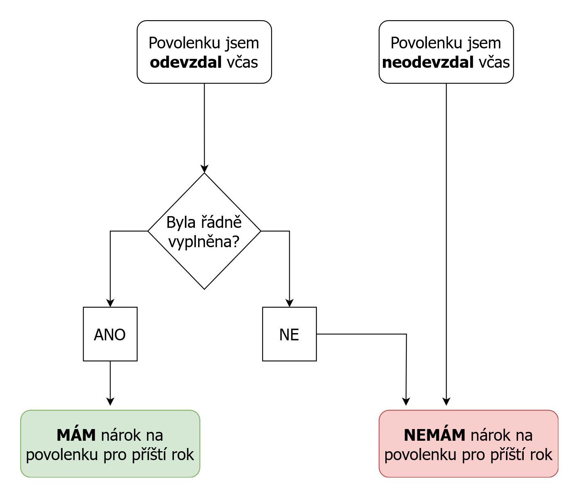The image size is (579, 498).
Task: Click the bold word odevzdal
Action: pyautogui.click(x=186, y=63)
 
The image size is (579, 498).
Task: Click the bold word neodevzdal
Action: pyautogui.click(x=428, y=63)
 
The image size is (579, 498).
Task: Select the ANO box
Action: pyautogui.click(x=110, y=334)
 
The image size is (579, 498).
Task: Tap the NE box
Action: pyautogui.click(x=289, y=334)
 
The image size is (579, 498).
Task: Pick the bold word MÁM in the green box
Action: pyautogui.click(x=76, y=435)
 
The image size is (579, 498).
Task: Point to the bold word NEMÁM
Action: pyautogui.click(x=435, y=435)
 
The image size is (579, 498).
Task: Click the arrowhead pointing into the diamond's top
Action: pyautogui.click(x=204, y=169)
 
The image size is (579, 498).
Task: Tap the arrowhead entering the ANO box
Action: pyautogui.click(x=110, y=303)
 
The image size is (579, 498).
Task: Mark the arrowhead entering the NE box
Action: pyautogui.click(x=289, y=303)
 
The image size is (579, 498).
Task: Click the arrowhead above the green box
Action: pyautogui.click(x=110, y=401)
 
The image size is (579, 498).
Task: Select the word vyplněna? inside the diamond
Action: pyautogui.click(x=204, y=242)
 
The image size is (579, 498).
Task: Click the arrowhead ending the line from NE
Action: pyautogui.click(x=406, y=401)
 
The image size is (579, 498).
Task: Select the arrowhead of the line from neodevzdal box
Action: pyautogui.click(x=446, y=401)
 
